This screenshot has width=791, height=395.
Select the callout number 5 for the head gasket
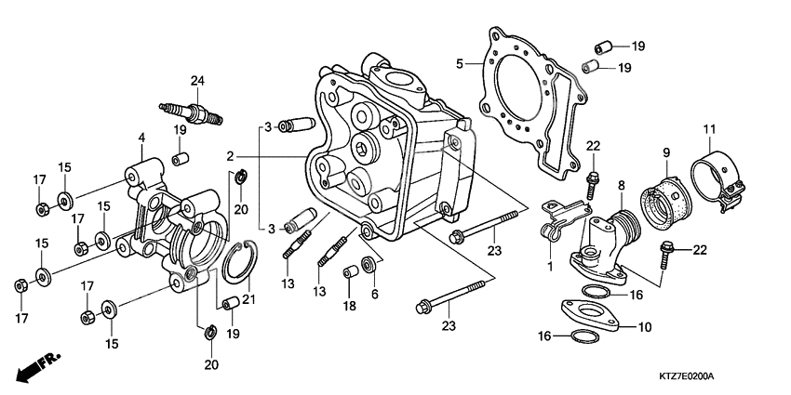pyautogui.click(x=460, y=63)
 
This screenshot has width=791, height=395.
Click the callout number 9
pyautogui.click(x=666, y=151)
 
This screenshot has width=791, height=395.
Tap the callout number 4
pyautogui.click(x=141, y=138)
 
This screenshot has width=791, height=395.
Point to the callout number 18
pyautogui.click(x=351, y=306)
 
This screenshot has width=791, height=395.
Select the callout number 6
pyautogui.click(x=374, y=294)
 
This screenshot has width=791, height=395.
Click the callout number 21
pyautogui.click(x=248, y=298)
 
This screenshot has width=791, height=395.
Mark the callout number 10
pyautogui.click(x=645, y=328)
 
